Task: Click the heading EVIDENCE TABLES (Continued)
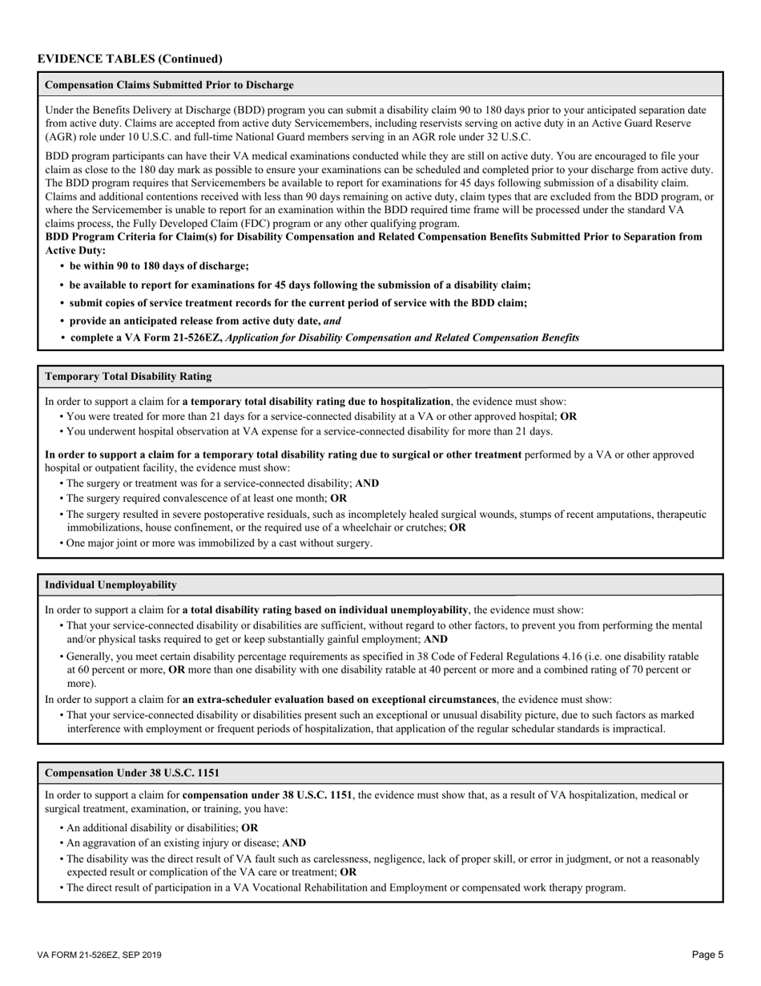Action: tap(130, 59)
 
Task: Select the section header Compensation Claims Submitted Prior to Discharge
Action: tap(169, 85)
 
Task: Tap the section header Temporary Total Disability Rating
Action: tap(128, 376)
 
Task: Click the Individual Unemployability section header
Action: tap(111, 585)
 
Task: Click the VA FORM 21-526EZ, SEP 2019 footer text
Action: tap(99, 956)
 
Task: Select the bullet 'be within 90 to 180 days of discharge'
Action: tap(159, 266)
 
